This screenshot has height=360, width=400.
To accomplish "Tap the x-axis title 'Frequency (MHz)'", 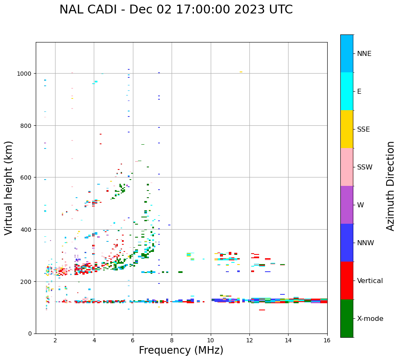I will pyautogui.click(x=181, y=350).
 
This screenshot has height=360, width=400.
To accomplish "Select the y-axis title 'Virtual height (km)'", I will pyautogui.click(x=9, y=188).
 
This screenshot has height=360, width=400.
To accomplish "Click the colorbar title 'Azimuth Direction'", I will pyautogui.click(x=391, y=185).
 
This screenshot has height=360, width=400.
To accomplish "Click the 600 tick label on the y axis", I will pyautogui.click(x=26, y=177).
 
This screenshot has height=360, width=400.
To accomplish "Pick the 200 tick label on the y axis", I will pyautogui.click(x=26, y=281).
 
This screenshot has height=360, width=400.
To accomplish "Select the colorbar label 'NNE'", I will pyautogui.click(x=364, y=54).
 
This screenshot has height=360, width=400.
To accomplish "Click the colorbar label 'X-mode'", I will pyautogui.click(x=370, y=319).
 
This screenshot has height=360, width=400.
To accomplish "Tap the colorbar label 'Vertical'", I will pyautogui.click(x=370, y=281).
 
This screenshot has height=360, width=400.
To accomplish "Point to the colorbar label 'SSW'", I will pyautogui.click(x=365, y=167).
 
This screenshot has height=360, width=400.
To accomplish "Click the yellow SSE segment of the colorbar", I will pyautogui.click(x=347, y=129).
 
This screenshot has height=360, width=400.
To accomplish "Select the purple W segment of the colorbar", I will pyautogui.click(x=347, y=205).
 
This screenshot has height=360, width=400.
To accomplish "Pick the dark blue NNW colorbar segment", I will pyautogui.click(x=347, y=243).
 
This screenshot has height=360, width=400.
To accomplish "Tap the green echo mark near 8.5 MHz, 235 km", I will pyautogui.click(x=180, y=272).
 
